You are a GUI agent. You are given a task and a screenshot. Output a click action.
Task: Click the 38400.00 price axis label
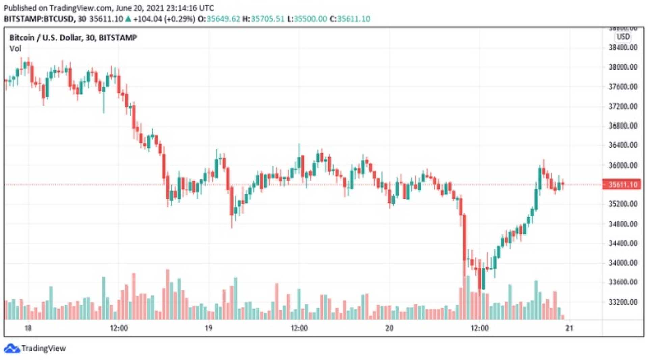tap(623, 48)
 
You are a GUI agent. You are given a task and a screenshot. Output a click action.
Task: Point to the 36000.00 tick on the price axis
tap(623, 165)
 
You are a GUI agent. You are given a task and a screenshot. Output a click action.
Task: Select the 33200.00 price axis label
tap(623, 302)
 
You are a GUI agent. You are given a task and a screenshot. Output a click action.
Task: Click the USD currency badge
tap(623, 37)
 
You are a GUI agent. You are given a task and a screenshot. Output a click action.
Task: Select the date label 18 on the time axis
tap(28, 328)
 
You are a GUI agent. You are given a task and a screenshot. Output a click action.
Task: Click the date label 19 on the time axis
tap(209, 328)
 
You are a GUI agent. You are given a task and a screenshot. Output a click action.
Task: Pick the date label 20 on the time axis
tap(389, 328)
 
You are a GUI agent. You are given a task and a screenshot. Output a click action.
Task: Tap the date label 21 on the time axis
tap(569, 328)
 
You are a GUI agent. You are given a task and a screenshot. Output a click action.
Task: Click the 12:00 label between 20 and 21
tap(480, 328)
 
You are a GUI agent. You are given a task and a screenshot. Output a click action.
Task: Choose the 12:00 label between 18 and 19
tap(118, 328)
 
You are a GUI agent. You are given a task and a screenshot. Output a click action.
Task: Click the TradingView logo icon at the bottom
tap(12, 349)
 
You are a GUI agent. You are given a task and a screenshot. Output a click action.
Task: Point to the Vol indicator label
tap(15, 49)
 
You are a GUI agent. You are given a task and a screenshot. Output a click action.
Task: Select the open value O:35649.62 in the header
tap(219, 19)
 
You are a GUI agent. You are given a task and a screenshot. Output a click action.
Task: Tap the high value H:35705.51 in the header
tap(263, 19)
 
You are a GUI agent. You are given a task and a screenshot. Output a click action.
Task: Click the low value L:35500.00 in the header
tap(307, 19)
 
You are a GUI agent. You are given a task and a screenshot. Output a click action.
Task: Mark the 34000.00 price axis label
tap(623, 263)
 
